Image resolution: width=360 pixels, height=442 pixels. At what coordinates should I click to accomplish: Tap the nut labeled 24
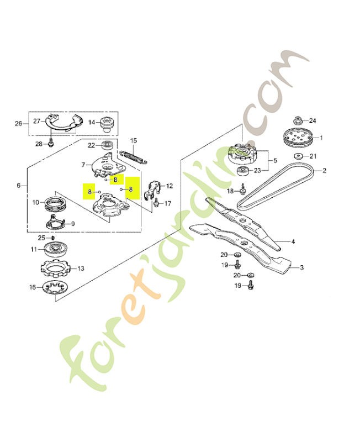point(298,120)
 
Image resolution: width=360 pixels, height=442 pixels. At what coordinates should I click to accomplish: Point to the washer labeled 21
point(298,156)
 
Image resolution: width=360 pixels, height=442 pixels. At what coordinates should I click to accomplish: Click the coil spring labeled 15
point(133,156)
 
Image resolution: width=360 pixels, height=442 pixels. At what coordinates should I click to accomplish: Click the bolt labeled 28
point(50,144)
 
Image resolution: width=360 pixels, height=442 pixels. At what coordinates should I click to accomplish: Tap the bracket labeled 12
point(154,190)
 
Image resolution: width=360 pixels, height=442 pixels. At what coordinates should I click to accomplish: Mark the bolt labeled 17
point(156,203)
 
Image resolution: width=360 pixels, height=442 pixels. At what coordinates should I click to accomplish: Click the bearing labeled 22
point(108,145)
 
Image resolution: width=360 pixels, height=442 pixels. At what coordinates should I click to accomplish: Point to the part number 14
point(92,122)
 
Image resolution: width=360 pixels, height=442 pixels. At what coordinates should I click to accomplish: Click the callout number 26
point(18,124)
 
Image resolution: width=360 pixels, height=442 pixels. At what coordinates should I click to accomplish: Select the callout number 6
point(19,186)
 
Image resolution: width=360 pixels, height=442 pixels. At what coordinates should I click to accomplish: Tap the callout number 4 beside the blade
point(293,241)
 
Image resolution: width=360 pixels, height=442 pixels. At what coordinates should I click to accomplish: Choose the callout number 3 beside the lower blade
point(301,267)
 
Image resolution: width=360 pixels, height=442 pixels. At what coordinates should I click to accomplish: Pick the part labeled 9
point(56,222)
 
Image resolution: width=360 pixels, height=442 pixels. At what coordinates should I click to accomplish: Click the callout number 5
point(275,160)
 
